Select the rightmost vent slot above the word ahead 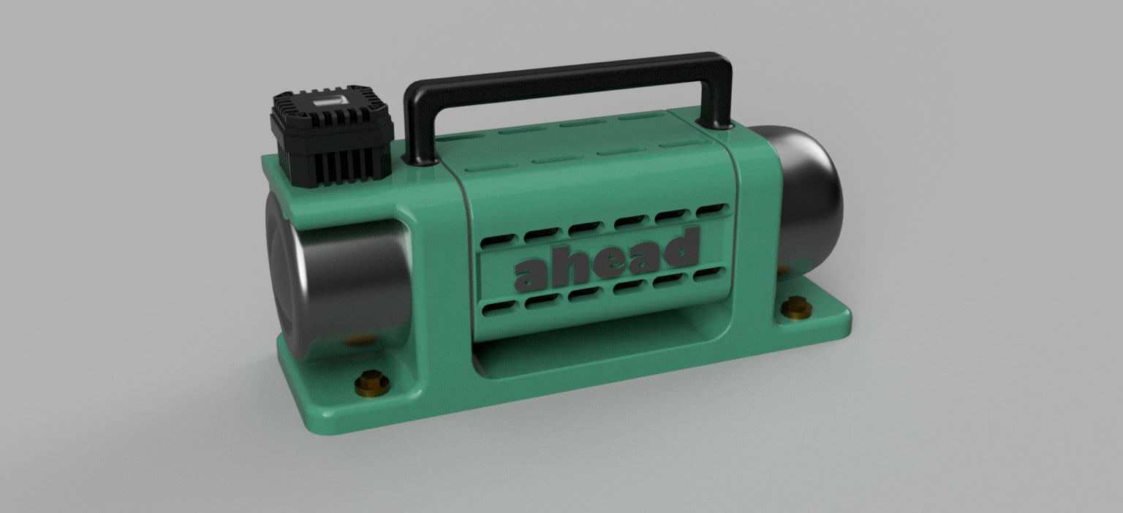tap(708, 210)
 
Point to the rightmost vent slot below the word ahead tap(708, 275)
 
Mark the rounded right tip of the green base tap(848, 319)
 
